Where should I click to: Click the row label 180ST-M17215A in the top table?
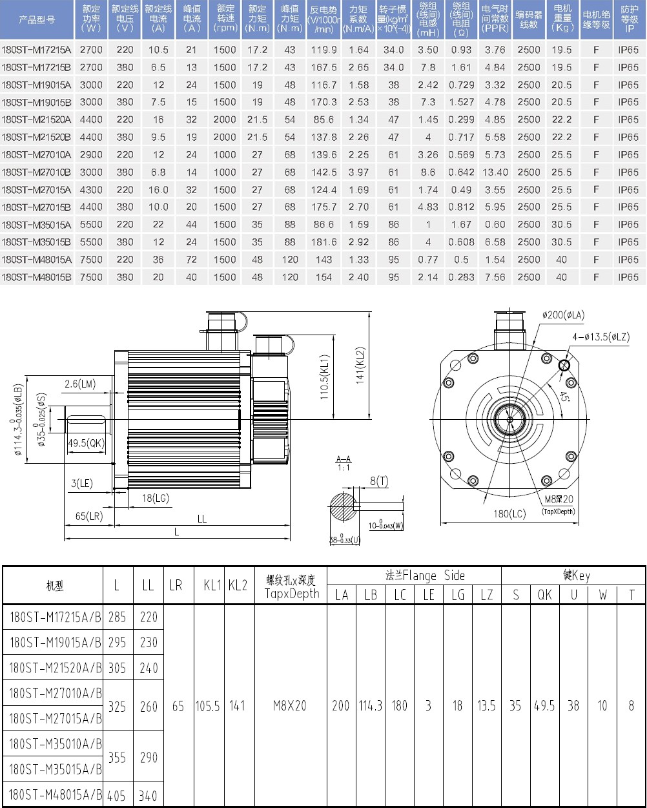coord(36,50)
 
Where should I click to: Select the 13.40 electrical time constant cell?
coord(495,172)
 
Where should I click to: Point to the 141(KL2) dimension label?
coord(361,366)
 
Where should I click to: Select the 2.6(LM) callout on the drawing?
coord(79,384)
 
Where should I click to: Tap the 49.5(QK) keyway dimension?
coord(86,442)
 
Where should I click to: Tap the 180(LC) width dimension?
coord(510,514)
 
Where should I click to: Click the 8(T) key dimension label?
coord(379,481)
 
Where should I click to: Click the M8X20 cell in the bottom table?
coord(291,706)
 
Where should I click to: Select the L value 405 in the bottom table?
coord(117,796)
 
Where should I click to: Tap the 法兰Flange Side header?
coord(414,575)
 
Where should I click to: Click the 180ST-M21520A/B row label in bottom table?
coord(55,668)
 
